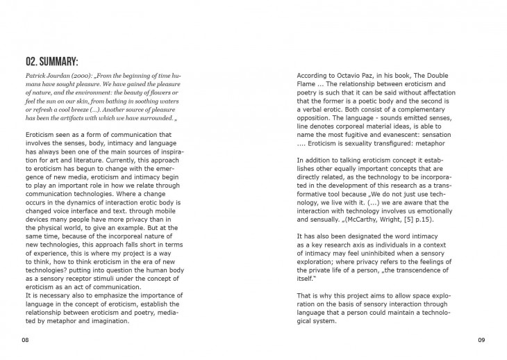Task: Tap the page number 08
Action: (x=25, y=340)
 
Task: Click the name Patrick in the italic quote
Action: (x=36, y=75)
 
